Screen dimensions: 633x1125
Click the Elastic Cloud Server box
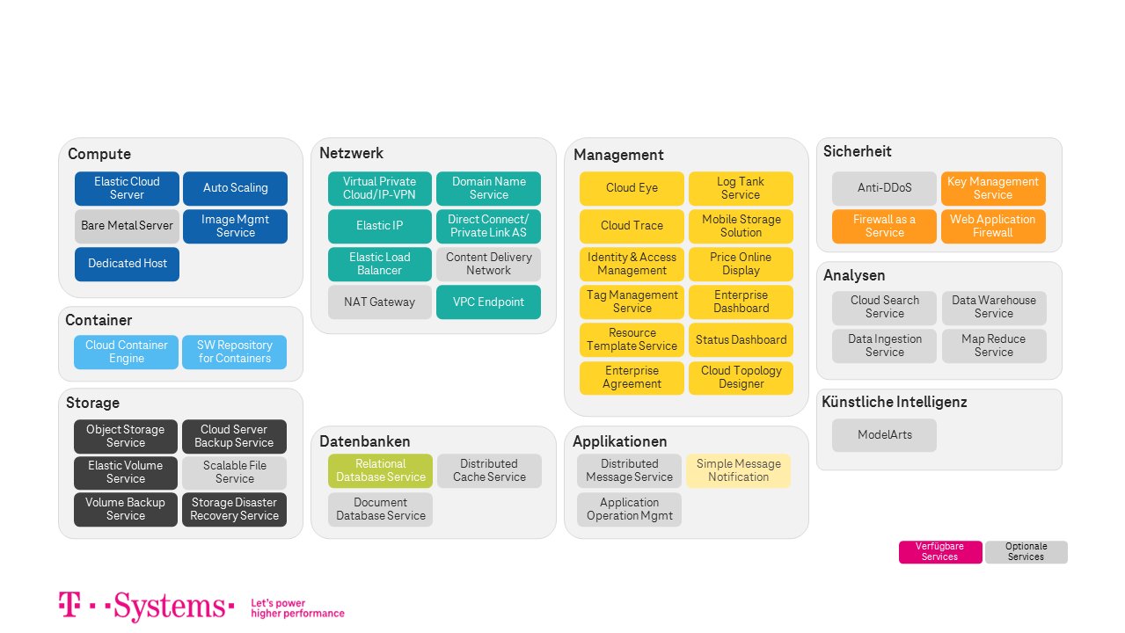pos(127,188)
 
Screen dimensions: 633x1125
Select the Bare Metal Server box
pos(127,226)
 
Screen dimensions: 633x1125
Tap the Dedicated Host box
pos(127,264)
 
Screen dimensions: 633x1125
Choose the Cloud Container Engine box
pos(127,352)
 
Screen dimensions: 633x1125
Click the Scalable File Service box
pos(234,472)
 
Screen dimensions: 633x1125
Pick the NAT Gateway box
pos(380,302)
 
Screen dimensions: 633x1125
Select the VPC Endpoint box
pos(488,302)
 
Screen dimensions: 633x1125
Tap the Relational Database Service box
pos(380,470)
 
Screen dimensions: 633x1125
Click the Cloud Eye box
pos(632,188)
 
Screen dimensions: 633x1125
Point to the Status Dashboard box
pos(741,339)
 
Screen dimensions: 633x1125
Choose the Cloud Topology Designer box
pos(741,377)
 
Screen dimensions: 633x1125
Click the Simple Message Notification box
pos(738,470)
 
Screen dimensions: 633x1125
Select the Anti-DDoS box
pos(884,188)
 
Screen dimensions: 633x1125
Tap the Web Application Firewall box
pos(993,226)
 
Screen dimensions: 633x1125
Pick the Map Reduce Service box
pos(993,346)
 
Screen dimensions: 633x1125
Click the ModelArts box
pos(884,435)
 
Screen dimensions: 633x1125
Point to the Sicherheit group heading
pos(858,151)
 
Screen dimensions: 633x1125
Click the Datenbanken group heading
pos(365,441)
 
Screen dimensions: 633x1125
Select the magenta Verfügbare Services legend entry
pos(939,552)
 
